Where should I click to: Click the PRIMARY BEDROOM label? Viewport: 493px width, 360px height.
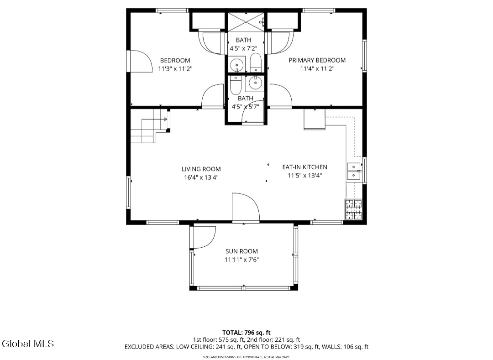tap(317, 60)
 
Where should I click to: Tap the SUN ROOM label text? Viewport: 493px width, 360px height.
tap(241, 251)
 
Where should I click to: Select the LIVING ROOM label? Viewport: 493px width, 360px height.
tap(201, 169)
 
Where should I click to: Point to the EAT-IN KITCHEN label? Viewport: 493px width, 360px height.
tap(304, 167)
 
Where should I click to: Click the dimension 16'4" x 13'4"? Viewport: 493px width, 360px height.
tap(201, 177)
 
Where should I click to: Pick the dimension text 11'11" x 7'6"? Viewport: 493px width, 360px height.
tap(241, 260)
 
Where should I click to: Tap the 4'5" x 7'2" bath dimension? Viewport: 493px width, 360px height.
tap(243, 48)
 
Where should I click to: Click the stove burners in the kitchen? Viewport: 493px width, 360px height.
tap(354, 209)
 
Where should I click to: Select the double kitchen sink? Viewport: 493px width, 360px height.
tap(354, 171)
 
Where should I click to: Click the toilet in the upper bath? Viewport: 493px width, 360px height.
tap(255, 63)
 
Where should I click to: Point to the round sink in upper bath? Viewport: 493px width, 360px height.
tap(236, 65)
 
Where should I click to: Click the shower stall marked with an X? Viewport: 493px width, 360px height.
tap(246, 22)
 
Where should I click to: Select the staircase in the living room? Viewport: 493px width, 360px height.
tap(149, 125)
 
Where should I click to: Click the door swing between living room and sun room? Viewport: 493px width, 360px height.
tap(246, 207)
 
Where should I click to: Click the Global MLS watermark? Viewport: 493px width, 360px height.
tap(28, 344)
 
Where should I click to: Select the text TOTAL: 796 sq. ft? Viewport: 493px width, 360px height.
tap(246, 332)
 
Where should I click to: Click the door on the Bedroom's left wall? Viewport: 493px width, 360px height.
tap(140, 61)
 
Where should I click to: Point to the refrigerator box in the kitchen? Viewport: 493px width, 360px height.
tap(315, 120)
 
